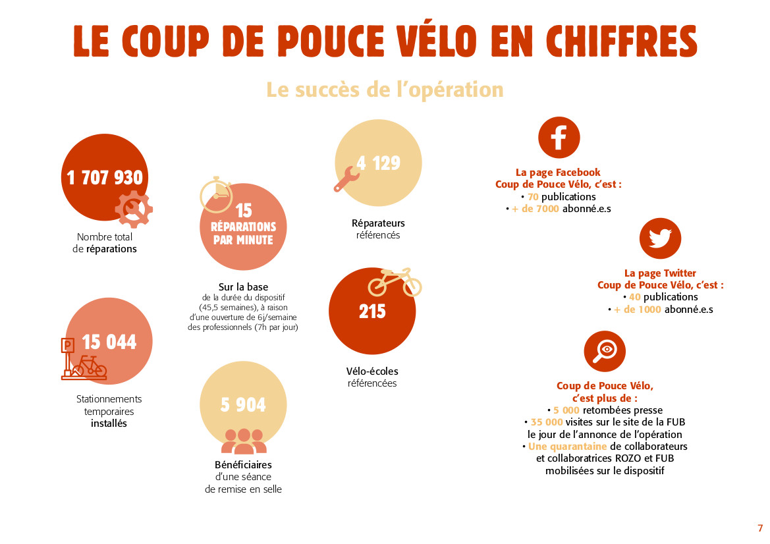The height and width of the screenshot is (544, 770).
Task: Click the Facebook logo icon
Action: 559,138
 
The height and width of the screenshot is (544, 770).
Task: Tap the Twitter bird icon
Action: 660,238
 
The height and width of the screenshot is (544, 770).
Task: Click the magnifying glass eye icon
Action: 605,351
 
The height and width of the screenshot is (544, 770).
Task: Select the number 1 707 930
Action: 105,177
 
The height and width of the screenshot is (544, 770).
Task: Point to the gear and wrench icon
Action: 134,209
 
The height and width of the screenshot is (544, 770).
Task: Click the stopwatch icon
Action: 217,195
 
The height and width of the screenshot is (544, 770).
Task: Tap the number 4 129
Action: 379,163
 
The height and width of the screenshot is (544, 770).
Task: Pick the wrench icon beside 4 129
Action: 345,178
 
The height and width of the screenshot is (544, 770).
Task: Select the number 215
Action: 372,312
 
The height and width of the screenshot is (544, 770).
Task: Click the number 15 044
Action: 109,342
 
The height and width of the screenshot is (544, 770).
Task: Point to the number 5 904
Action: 243,404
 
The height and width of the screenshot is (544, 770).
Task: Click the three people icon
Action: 244,441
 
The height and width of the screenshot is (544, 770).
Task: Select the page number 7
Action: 760,528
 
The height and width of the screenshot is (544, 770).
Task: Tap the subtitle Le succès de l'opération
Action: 385,90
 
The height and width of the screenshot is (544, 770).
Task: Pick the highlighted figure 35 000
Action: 547,422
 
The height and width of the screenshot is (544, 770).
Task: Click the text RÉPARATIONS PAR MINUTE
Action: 243,233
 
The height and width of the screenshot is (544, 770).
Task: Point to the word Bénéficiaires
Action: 243,464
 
